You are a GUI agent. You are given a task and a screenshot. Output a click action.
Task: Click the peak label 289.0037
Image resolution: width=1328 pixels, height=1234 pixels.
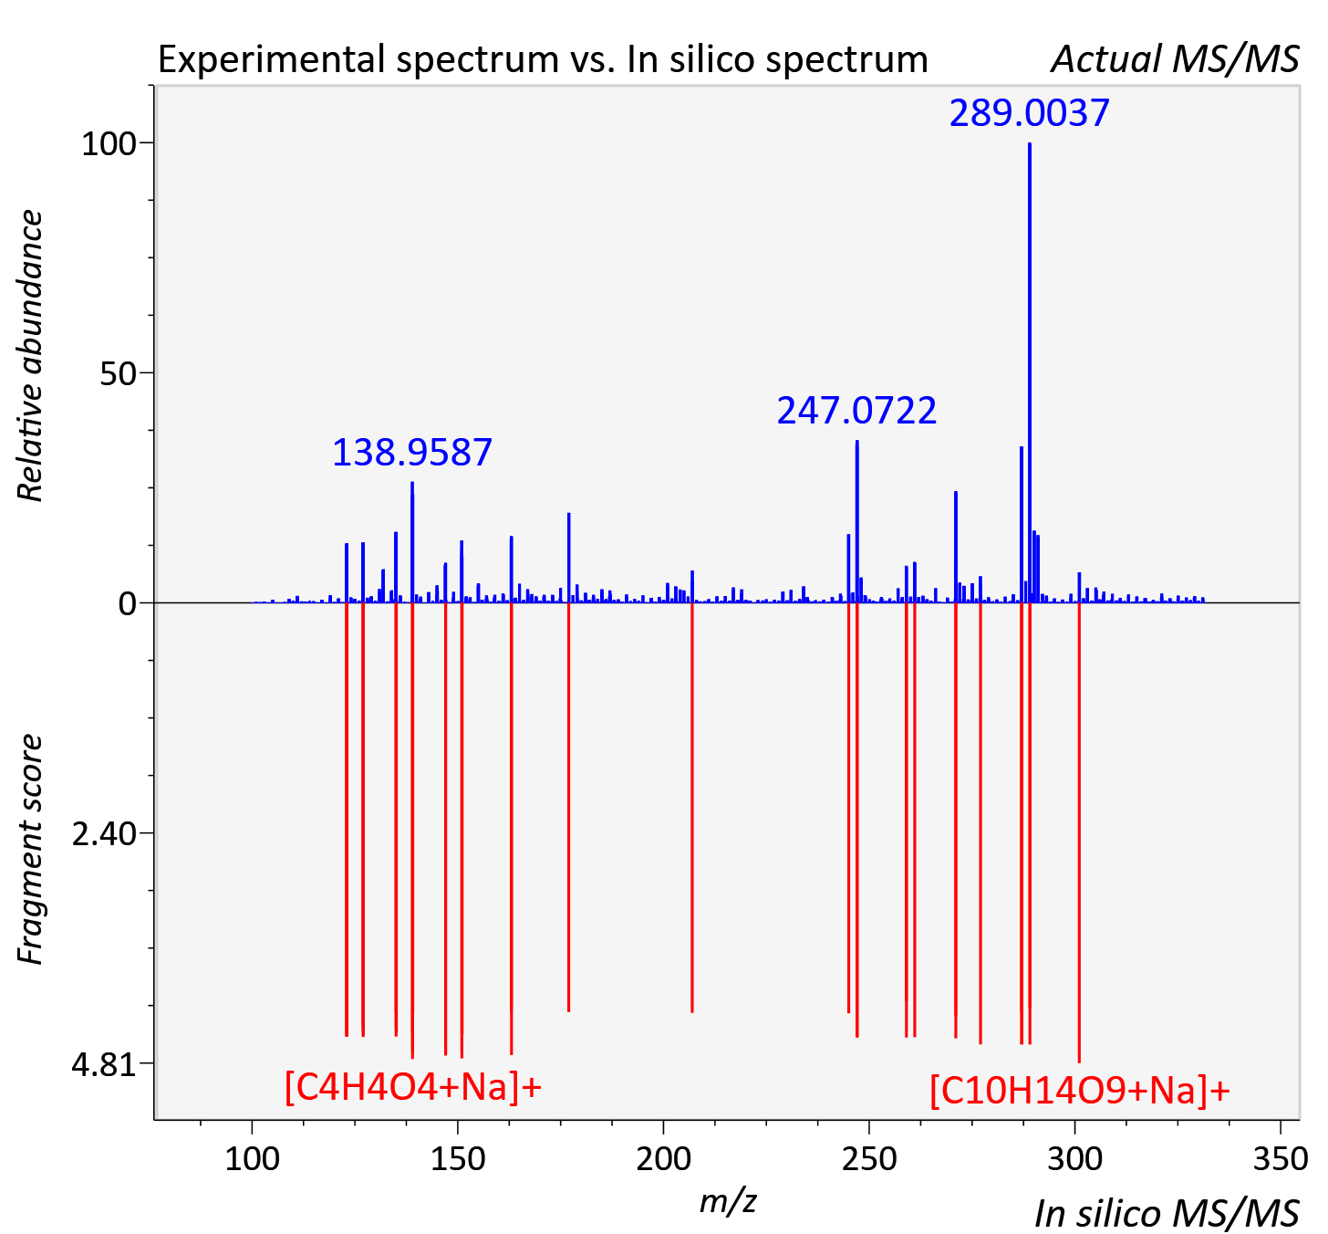coord(1029,112)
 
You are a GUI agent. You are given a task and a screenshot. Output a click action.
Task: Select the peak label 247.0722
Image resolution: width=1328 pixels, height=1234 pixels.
coord(856,410)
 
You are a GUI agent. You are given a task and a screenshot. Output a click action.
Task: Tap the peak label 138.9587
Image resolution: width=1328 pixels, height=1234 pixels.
coord(412,453)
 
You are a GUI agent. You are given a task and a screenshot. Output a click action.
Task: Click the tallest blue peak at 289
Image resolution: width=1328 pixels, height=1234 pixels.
coord(1030,372)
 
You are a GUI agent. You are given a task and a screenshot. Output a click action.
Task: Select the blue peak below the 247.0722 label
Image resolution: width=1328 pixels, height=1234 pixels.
coord(857,521)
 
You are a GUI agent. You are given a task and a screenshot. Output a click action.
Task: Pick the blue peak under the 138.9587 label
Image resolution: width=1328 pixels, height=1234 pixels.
coord(412,542)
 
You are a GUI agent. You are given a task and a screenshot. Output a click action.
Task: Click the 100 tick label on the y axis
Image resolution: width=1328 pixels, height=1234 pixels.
coord(109,143)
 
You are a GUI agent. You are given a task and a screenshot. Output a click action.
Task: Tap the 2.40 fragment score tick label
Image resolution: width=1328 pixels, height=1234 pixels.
coord(104,834)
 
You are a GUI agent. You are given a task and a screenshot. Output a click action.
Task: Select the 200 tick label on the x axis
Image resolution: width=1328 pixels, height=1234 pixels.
coord(663,1160)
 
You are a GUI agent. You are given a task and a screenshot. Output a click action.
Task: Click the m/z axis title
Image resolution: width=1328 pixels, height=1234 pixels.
coord(728,1201)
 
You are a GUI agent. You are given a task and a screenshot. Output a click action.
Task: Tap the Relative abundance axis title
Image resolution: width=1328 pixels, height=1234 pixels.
coord(30,355)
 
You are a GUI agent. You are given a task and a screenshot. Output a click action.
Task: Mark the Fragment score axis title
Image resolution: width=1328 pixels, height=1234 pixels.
coord(30,849)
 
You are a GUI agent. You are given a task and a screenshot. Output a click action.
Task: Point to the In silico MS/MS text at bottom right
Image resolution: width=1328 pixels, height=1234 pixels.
coord(1167,1214)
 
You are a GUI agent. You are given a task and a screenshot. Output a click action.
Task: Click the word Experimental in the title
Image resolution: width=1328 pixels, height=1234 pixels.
coord(275,60)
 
